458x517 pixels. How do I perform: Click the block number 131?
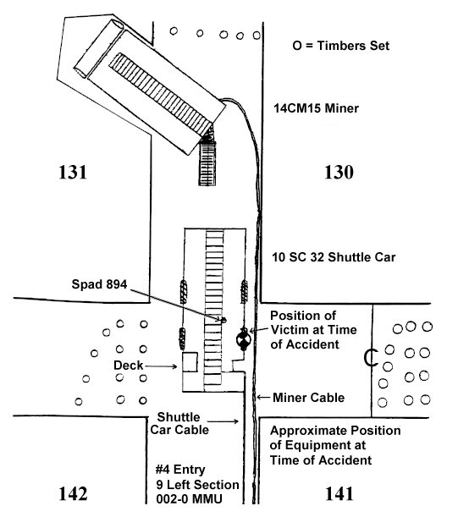(x=73, y=172)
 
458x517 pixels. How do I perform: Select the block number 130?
(x=339, y=172)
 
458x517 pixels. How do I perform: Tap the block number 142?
(x=73, y=493)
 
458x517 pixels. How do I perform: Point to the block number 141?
(x=339, y=493)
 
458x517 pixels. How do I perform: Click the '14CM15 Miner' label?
(x=316, y=108)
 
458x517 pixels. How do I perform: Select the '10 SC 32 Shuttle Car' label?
(x=334, y=257)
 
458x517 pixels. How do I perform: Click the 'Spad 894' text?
(x=99, y=284)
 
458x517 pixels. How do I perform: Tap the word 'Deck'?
(x=129, y=366)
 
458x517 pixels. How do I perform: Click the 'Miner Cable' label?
(x=308, y=398)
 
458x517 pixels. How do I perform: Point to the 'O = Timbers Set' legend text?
(x=341, y=46)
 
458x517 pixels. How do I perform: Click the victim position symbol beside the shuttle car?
(x=244, y=339)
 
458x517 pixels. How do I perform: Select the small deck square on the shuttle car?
(x=190, y=362)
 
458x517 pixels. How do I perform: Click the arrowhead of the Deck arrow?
(x=175, y=366)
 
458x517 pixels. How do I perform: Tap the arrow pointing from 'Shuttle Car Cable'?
(x=223, y=421)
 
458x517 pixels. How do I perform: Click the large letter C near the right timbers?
(x=371, y=358)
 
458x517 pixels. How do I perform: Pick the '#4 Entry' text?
(x=180, y=469)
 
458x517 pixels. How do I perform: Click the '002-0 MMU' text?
(x=189, y=499)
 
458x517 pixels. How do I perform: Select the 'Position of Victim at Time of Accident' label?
(x=313, y=330)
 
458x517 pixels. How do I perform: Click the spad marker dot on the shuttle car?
(x=224, y=319)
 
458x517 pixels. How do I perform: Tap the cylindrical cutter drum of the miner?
(x=98, y=49)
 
